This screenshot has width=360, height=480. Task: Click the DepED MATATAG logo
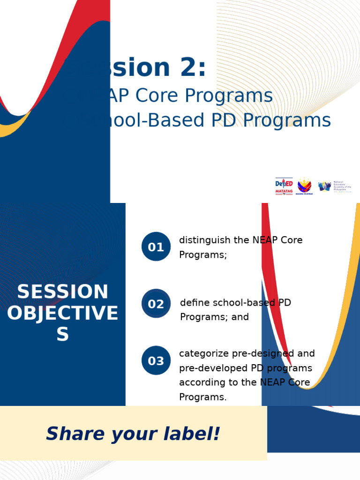pos(284,186)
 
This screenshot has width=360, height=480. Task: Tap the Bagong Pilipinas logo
pos(305,186)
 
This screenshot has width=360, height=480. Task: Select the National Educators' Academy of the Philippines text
pos(342,186)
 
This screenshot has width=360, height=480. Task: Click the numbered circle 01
pos(156,247)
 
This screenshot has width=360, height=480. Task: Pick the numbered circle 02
pos(156,304)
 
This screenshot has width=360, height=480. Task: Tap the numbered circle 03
pos(156,361)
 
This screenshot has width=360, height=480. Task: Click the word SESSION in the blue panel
pos(63,292)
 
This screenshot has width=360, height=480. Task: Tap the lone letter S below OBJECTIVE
pos(63,334)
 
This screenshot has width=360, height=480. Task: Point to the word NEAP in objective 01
pos(265,240)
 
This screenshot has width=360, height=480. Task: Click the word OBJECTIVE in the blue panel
pos(63,313)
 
